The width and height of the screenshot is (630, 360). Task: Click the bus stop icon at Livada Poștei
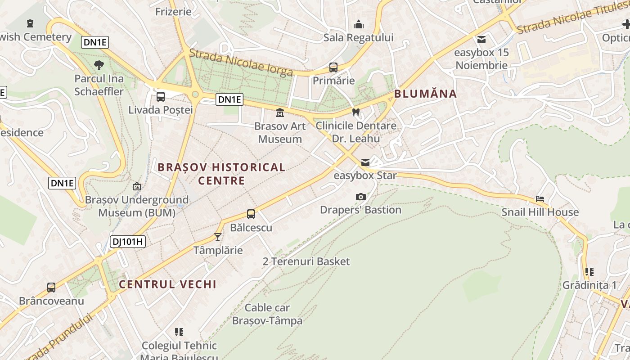pyautogui.click(x=161, y=96)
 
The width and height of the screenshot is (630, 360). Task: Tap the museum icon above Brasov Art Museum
pyautogui.click(x=280, y=112)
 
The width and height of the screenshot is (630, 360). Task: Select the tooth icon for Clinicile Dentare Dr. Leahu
pyautogui.click(x=356, y=112)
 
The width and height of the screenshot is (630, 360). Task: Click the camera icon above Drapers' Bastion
pyautogui.click(x=360, y=197)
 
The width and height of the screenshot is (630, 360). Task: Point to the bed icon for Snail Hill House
pyautogui.click(x=540, y=198)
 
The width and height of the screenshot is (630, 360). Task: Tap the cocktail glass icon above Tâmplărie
pyautogui.click(x=218, y=237)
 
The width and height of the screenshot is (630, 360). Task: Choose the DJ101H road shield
pyautogui.click(x=128, y=242)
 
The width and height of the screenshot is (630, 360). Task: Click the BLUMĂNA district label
pyautogui.click(x=425, y=94)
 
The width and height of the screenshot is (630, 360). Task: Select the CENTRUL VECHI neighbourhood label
pyautogui.click(x=168, y=284)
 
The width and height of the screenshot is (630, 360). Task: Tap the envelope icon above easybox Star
pyautogui.click(x=365, y=162)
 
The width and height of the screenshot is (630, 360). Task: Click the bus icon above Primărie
pyautogui.click(x=333, y=67)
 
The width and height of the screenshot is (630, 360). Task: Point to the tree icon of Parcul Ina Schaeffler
pyautogui.click(x=99, y=65)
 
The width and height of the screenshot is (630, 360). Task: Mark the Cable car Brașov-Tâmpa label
pyautogui.click(x=267, y=314)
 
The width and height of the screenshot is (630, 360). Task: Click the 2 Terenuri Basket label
pyautogui.click(x=306, y=261)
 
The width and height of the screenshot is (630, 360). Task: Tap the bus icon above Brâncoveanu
pyautogui.click(x=51, y=287)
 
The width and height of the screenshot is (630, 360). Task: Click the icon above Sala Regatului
pyautogui.click(x=359, y=24)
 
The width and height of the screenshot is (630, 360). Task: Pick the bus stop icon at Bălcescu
pyautogui.click(x=251, y=214)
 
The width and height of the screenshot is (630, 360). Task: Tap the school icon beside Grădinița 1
pyautogui.click(x=589, y=272)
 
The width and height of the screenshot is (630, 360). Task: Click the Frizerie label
pyautogui.click(x=173, y=12)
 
